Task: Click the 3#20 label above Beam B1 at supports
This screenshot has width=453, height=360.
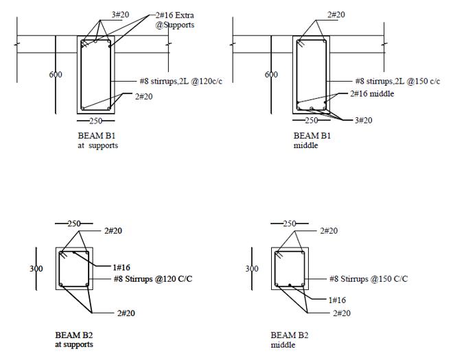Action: (x=121, y=14)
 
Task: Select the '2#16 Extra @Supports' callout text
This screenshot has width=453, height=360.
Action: (x=174, y=20)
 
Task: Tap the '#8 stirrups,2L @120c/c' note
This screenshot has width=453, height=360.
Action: (x=181, y=81)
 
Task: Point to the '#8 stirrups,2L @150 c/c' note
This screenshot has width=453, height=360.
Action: (x=397, y=81)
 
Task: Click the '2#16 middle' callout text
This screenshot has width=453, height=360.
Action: (x=372, y=93)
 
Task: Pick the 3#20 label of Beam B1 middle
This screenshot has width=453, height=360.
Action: (x=364, y=120)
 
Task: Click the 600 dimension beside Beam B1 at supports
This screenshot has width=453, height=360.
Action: (x=55, y=75)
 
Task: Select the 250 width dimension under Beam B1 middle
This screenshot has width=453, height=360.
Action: (x=312, y=121)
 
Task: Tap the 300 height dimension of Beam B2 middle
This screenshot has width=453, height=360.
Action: (x=252, y=269)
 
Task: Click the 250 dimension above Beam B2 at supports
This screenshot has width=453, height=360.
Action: (x=74, y=224)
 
